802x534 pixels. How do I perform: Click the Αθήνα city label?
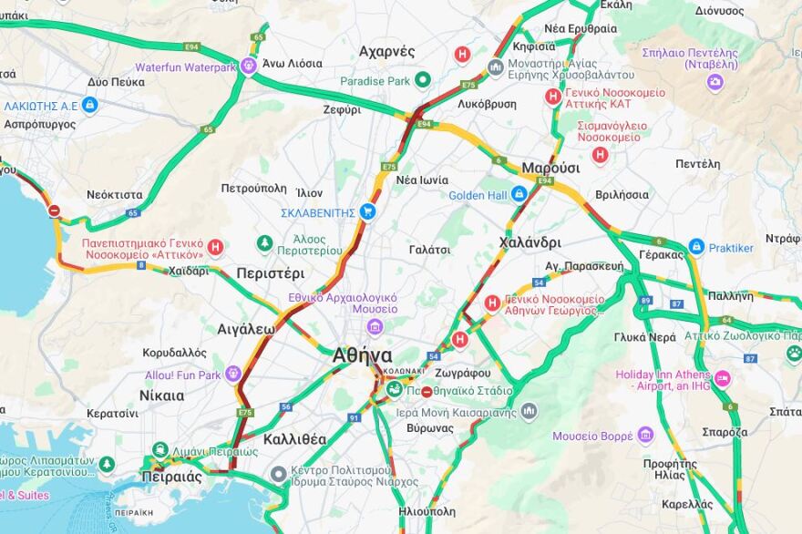coord(362,355)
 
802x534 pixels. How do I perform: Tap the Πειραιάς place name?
coord(171,477)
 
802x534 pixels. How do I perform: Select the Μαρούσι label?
coord(550,168)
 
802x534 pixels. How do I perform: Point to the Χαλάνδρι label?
coord(530,242)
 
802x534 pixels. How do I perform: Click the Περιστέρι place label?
coord(270,272)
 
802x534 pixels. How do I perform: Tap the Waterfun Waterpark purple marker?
coord(249,67)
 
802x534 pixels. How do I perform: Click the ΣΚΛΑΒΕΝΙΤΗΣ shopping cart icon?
coord(367,212)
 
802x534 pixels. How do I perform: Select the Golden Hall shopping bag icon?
coord(519,194)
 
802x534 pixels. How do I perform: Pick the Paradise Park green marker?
coord(422,80)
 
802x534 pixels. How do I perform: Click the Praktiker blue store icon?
coord(696,247)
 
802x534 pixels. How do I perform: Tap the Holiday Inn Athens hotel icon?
coord(723,378)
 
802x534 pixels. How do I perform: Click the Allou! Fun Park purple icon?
coord(233,374)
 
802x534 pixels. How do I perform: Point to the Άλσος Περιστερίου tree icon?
coord(264,243)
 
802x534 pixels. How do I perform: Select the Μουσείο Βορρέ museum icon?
coord(645,436)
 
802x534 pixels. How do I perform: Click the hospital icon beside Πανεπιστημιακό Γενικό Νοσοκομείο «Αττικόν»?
coord(215,247)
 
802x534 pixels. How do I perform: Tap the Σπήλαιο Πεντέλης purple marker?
coord(715,82)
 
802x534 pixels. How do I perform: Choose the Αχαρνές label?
coord(386,51)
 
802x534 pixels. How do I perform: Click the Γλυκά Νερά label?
coord(644,337)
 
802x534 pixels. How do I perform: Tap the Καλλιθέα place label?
coord(294,439)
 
